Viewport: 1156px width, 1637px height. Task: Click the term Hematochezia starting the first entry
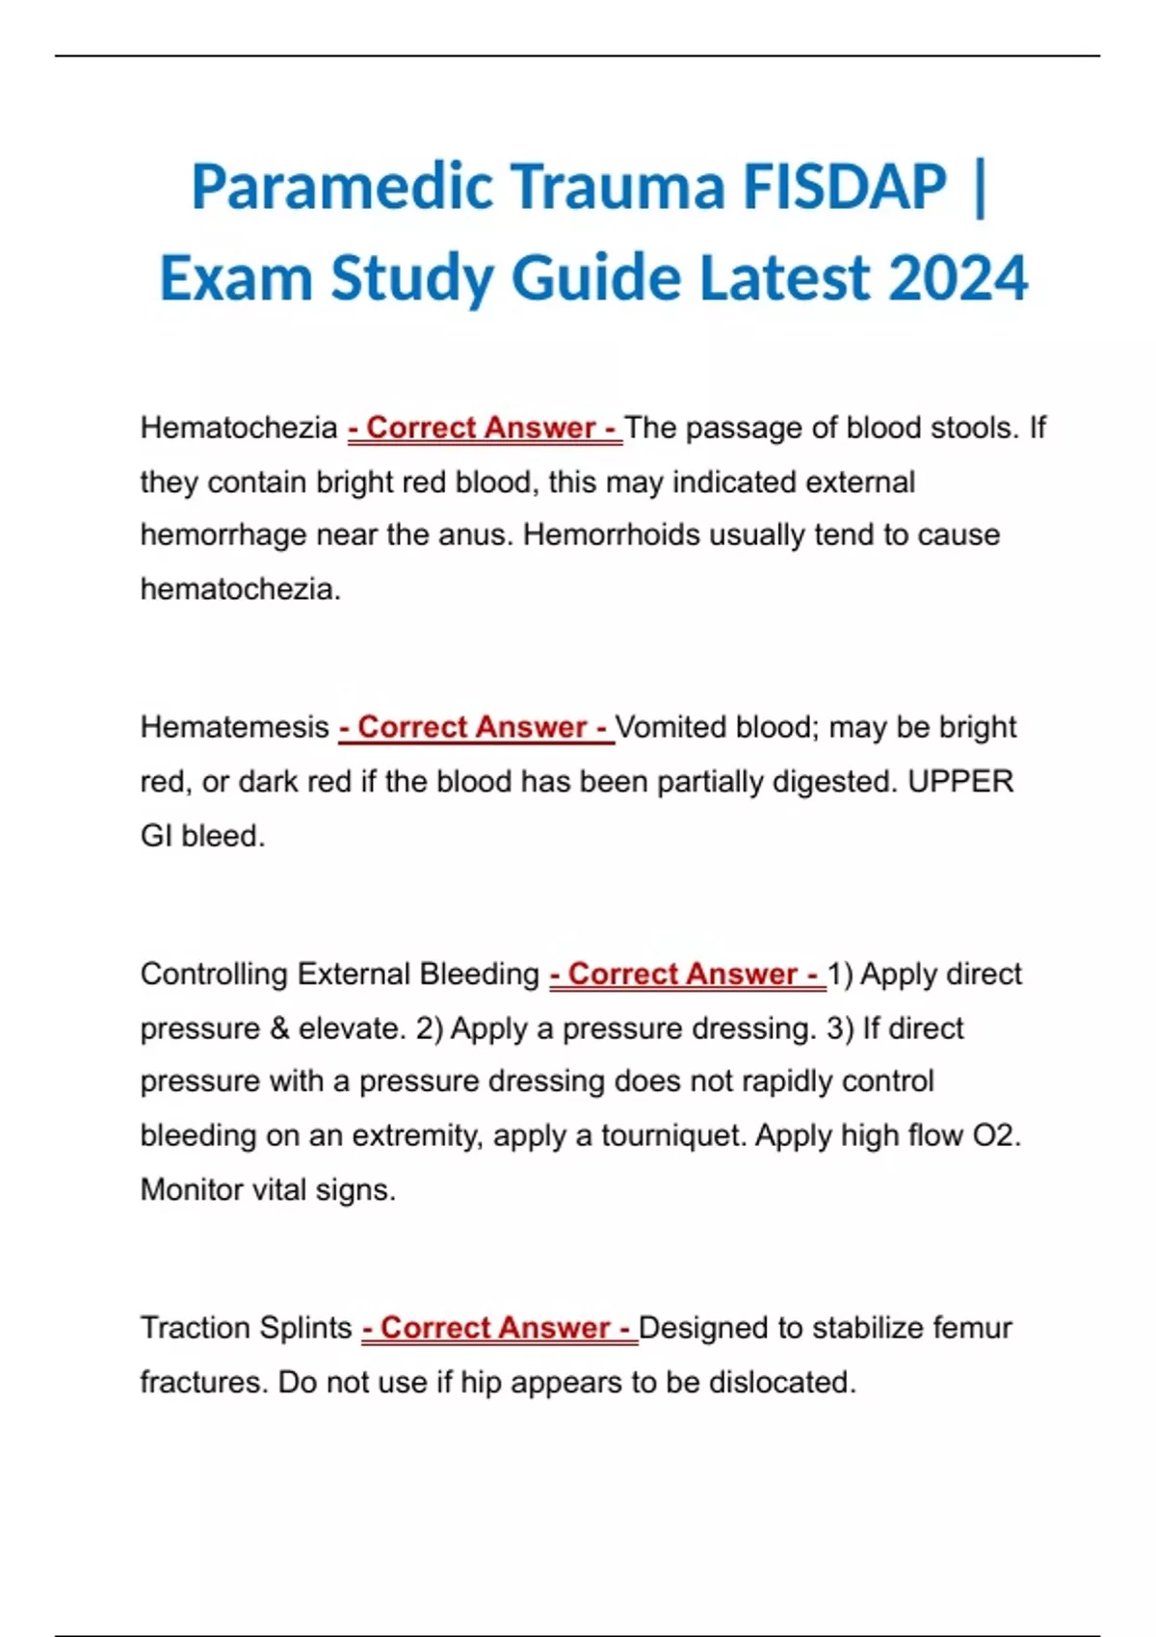point(239,428)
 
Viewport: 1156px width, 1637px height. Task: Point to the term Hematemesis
point(235,727)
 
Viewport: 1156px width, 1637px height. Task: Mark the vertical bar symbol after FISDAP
point(981,188)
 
